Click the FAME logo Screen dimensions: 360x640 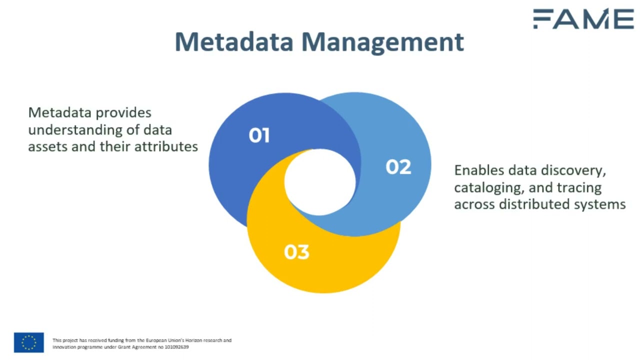coord(583,19)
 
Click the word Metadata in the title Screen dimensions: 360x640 coord(233,42)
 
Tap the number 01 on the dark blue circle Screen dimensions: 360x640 coord(259,135)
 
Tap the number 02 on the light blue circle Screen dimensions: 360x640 coord(398,167)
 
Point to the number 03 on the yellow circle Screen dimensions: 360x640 coord(296,252)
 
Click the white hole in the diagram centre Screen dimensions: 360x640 coord(320,181)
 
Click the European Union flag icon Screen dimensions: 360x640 coord(29,342)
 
